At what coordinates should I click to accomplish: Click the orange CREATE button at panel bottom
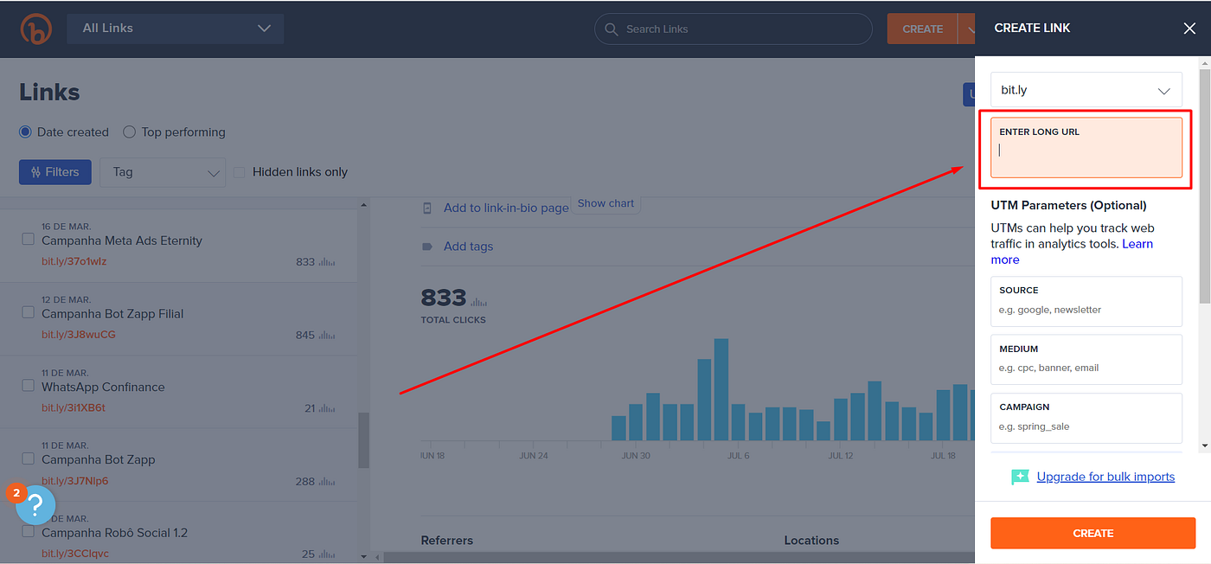click(x=1092, y=533)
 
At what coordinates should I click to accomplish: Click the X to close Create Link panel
click(x=1189, y=29)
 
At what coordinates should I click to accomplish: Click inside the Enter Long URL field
click(x=1086, y=151)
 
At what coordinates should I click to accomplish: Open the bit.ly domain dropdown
click(x=1086, y=90)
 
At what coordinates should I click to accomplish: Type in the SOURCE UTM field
click(x=1086, y=309)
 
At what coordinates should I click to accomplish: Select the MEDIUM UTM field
click(x=1086, y=367)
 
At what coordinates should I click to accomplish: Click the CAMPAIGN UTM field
click(x=1086, y=426)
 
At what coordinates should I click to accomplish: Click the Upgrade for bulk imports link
click(x=1105, y=477)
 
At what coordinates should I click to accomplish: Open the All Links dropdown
click(x=176, y=29)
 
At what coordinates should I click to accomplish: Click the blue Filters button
click(x=54, y=172)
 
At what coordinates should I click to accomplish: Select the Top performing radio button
click(x=130, y=132)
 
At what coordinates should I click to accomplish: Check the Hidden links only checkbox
click(x=240, y=172)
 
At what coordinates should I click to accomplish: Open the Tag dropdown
click(x=163, y=172)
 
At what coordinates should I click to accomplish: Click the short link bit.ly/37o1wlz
click(x=74, y=261)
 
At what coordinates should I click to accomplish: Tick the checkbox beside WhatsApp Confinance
click(x=28, y=385)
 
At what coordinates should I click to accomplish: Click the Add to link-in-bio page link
click(x=505, y=208)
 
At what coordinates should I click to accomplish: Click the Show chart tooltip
click(x=605, y=203)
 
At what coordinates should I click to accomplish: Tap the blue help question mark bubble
click(x=35, y=504)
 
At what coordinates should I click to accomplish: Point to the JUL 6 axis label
click(x=738, y=455)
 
